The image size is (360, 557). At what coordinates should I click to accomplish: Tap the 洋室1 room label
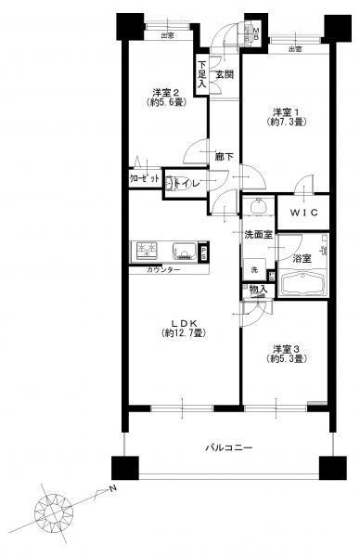click(x=282, y=110)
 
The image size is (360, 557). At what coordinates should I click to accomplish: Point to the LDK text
click(x=182, y=323)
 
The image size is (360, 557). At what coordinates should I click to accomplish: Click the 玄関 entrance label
click(x=225, y=73)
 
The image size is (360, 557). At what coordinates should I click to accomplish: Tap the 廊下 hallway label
click(x=224, y=156)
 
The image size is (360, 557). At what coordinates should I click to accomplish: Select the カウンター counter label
click(x=163, y=269)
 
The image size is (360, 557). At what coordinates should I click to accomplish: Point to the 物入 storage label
click(x=259, y=290)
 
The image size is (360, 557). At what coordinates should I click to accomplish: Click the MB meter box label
click(x=257, y=35)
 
